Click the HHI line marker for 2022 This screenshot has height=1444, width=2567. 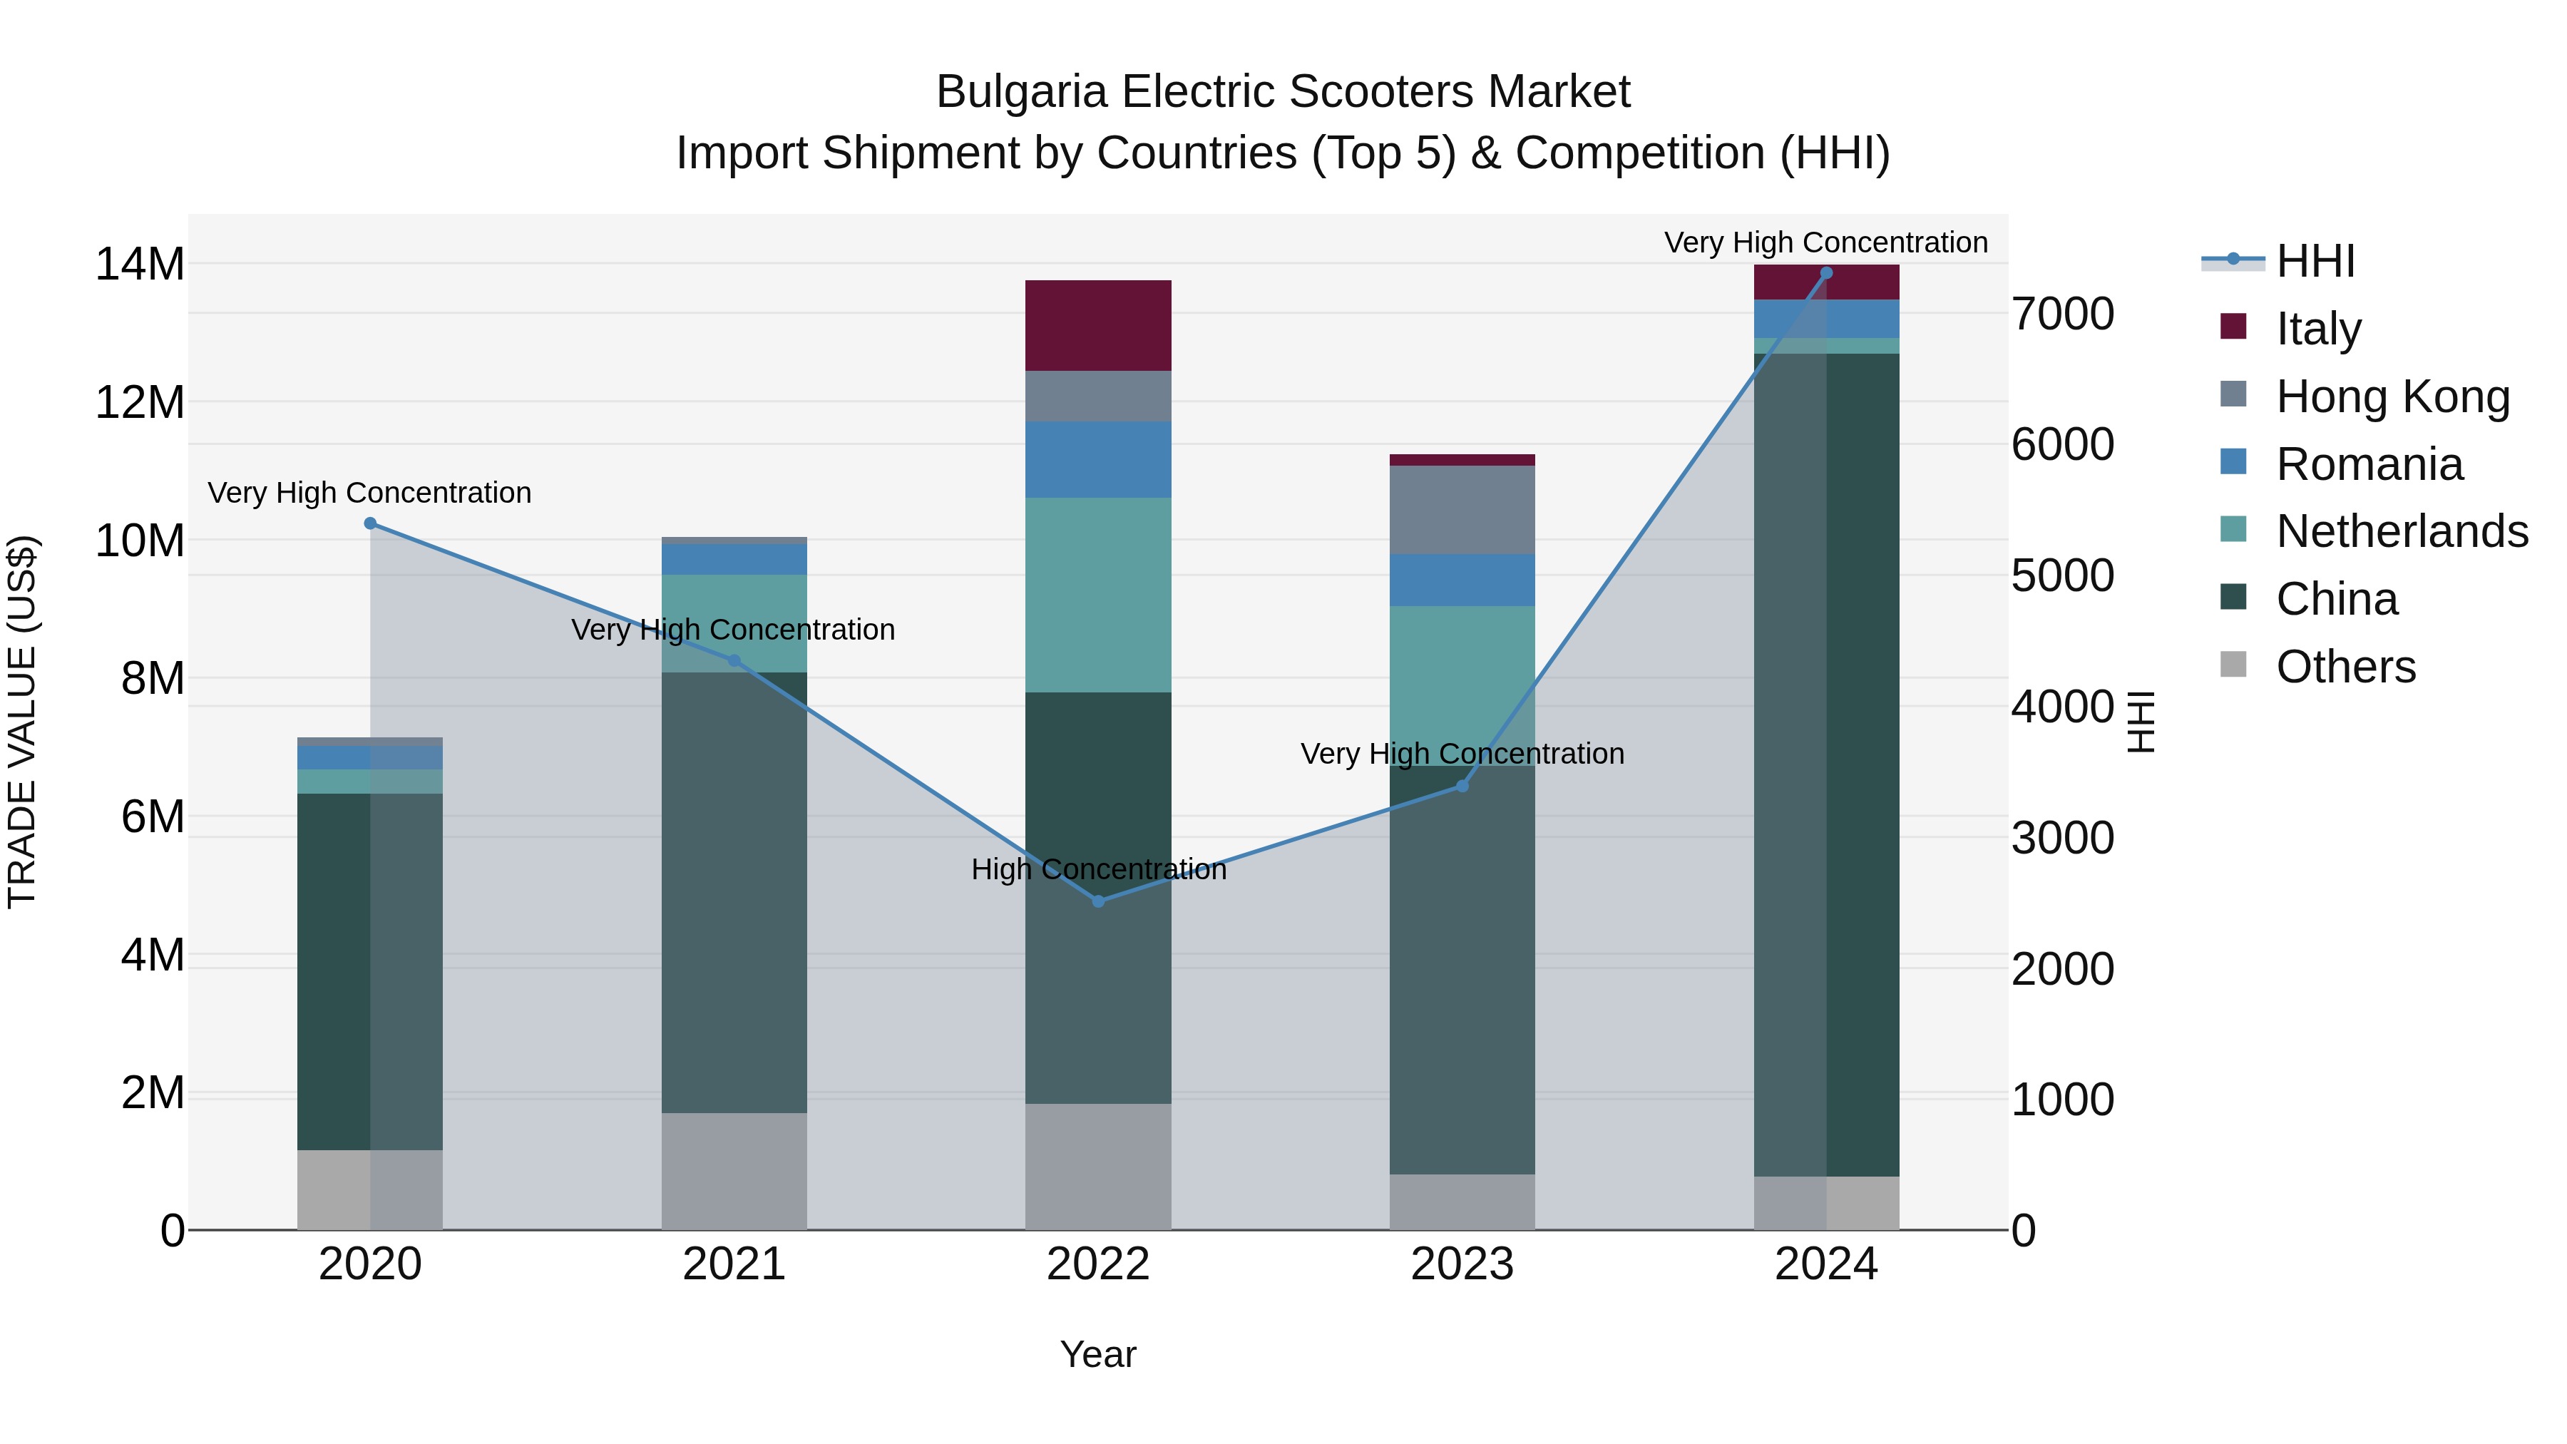(1098, 901)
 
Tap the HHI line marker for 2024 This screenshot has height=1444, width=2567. (1825, 273)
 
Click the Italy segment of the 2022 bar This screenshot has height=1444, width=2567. (1098, 326)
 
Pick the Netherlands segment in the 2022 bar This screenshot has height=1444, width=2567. (1098, 595)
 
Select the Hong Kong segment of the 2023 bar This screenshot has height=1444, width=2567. (1462, 509)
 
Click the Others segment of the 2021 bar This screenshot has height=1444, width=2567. (734, 1171)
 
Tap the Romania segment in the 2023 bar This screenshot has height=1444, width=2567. (1462, 580)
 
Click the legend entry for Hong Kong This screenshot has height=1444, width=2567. (2392, 396)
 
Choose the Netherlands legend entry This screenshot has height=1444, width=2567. (2402, 531)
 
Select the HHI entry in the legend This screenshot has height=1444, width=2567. (2314, 261)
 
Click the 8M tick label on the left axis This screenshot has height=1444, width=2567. (153, 679)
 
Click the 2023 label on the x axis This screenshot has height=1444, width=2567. (1462, 1264)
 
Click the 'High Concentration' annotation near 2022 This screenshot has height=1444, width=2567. (1098, 870)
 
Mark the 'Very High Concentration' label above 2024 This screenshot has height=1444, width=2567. (1825, 243)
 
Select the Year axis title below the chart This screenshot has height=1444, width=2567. (1098, 1354)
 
